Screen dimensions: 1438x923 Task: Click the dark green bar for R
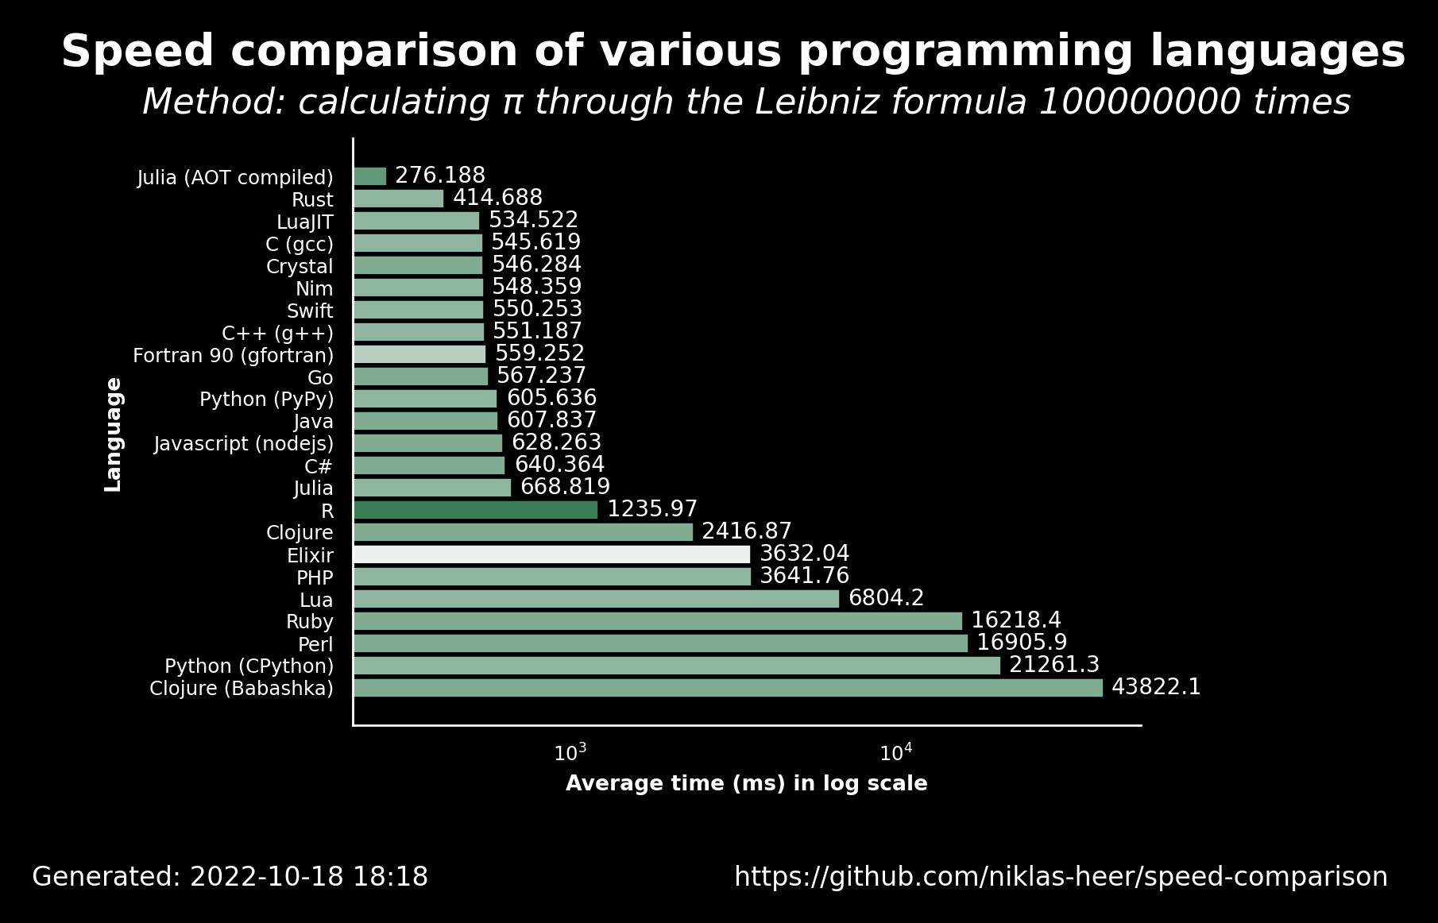point(475,510)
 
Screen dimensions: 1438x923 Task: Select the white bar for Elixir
point(551,554)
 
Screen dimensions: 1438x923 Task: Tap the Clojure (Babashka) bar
point(728,688)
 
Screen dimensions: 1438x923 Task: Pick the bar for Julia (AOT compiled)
point(369,176)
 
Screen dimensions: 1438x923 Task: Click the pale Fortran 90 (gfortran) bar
point(419,354)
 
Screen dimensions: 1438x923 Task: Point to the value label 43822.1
point(1156,687)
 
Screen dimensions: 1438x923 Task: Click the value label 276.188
point(440,176)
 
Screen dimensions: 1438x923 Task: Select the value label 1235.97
point(652,509)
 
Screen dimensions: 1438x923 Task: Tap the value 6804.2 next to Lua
point(887,598)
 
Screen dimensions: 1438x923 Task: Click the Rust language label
point(312,200)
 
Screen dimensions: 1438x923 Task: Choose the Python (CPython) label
point(249,666)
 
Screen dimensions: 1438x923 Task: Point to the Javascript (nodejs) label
point(244,444)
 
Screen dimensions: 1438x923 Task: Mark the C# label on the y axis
point(319,466)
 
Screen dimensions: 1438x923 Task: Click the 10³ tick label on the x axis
point(570,752)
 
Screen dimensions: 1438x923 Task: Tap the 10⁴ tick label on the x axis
point(896,752)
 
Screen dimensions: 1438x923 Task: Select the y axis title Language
point(114,434)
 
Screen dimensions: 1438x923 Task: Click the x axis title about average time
point(747,784)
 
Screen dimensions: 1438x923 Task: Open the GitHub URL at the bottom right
point(1061,877)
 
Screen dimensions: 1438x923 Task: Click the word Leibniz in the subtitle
point(802,102)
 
